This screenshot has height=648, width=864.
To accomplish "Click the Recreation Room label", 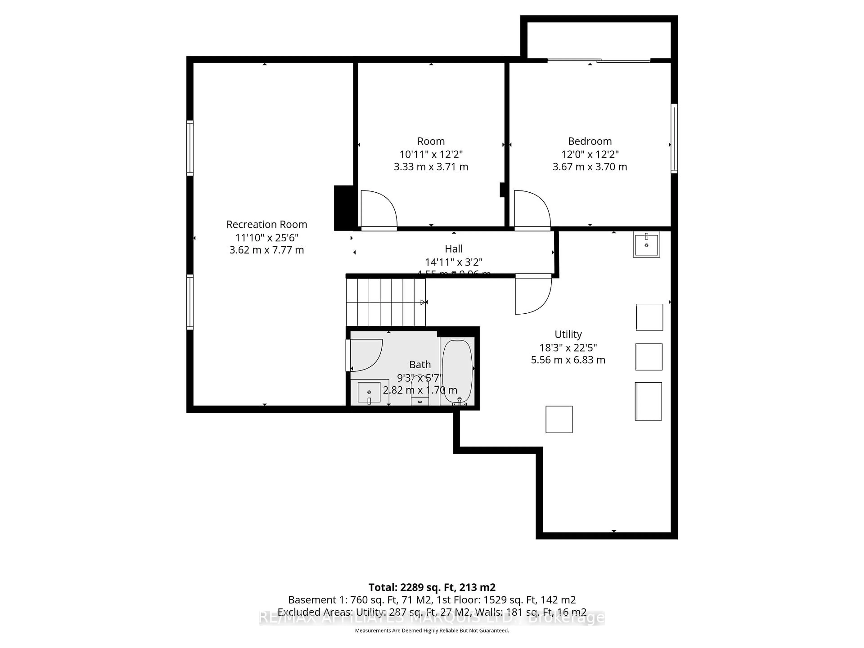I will point(267,225).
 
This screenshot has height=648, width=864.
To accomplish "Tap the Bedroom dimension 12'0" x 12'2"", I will point(590,154).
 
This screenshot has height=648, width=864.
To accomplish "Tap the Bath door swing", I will point(365,355).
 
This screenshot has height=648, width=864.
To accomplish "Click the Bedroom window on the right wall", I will point(674,138).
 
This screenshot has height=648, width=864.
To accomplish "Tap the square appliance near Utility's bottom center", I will point(559,419).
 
